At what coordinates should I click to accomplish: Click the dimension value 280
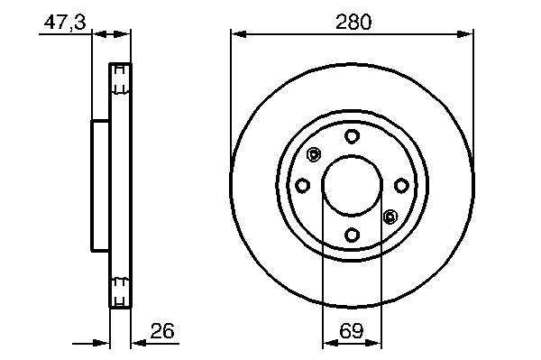click(x=353, y=22)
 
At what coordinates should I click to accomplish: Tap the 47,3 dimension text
click(x=65, y=22)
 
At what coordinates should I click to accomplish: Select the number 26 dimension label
click(x=162, y=330)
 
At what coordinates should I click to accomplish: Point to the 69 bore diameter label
click(x=352, y=330)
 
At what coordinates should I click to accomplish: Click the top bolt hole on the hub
click(x=352, y=136)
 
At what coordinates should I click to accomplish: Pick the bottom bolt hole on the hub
click(x=352, y=235)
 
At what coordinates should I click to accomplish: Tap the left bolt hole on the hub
click(x=302, y=186)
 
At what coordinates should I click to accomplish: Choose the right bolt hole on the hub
click(x=401, y=186)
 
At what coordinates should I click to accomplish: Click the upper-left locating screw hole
click(x=314, y=154)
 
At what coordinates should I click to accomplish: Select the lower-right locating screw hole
click(x=390, y=217)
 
